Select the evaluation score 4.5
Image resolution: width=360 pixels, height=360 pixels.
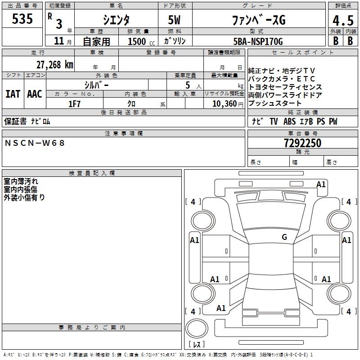(342, 20)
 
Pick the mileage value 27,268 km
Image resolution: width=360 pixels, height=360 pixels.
(54, 64)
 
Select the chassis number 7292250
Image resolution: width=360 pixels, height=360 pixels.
(303, 144)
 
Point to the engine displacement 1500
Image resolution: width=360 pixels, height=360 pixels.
(137, 41)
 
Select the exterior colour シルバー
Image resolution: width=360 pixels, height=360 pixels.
(96, 85)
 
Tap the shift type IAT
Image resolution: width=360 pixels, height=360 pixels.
(13, 94)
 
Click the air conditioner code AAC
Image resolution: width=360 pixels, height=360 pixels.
(35, 94)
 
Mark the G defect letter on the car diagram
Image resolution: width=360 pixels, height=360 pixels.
(284, 237)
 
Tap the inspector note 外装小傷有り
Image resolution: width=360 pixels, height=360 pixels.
(24, 197)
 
